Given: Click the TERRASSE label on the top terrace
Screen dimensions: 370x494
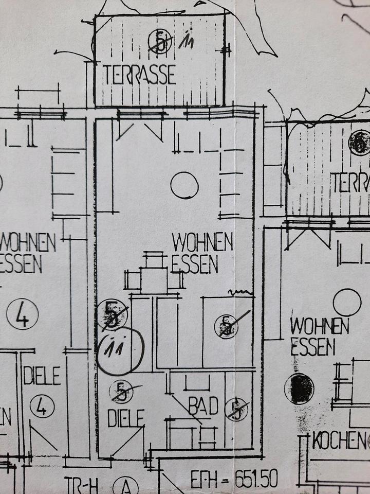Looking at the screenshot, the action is tap(139, 75).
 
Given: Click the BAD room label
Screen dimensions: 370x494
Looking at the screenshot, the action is tap(203, 407).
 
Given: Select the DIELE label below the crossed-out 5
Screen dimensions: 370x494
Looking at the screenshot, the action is tap(125, 418).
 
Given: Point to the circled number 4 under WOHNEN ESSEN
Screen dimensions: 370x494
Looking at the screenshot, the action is tap(23, 314).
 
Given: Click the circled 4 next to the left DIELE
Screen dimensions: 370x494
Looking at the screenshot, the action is tap(42, 407).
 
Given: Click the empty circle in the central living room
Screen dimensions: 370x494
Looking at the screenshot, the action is tap(184, 185).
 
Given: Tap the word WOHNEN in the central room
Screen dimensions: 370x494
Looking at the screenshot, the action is tap(202, 242).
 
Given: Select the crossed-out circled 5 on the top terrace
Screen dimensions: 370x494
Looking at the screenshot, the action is tap(160, 41).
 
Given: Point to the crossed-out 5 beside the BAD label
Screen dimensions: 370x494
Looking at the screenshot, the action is tap(236, 409).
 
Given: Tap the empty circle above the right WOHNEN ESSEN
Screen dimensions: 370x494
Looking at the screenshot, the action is tap(347, 302).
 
